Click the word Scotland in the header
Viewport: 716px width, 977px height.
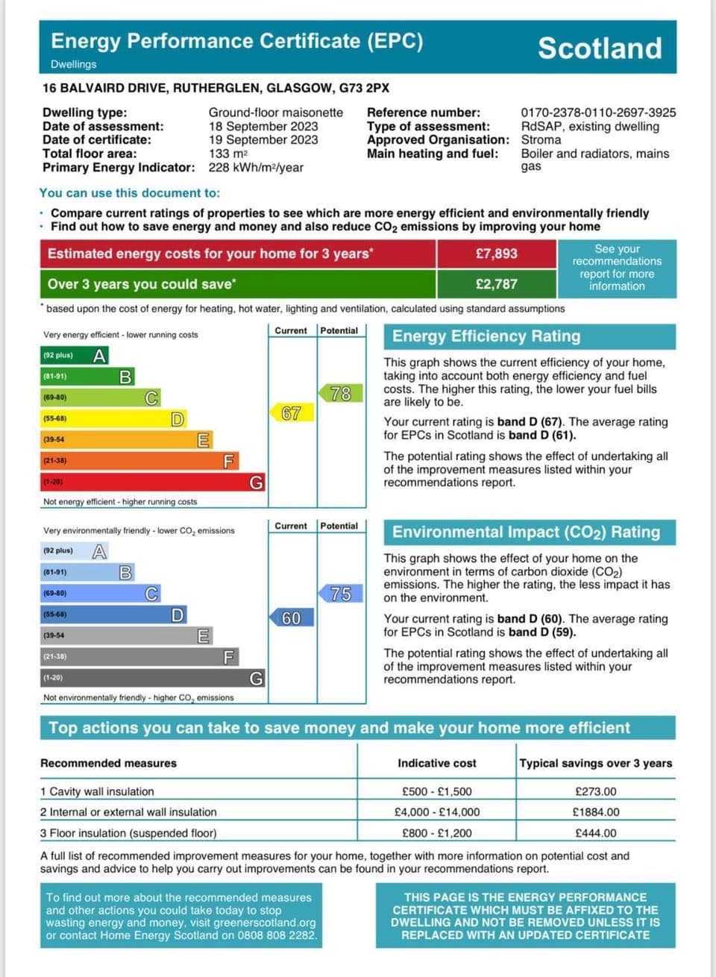click(600, 48)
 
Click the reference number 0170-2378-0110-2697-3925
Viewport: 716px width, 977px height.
click(598, 113)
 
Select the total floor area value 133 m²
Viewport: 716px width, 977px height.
click(228, 154)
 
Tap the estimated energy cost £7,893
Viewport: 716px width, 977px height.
click(496, 254)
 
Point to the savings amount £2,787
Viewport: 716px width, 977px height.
click(496, 284)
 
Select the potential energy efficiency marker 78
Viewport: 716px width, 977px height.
click(340, 393)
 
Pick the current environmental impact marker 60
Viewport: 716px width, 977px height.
click(291, 618)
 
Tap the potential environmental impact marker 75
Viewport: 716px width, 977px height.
click(340, 594)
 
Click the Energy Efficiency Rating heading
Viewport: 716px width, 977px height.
click(486, 336)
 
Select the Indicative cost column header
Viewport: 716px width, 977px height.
click(436, 763)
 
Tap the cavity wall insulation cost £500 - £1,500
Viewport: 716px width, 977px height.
click(436, 791)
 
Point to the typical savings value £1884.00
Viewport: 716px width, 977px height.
click(595, 812)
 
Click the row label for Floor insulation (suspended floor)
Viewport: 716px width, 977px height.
click(128, 833)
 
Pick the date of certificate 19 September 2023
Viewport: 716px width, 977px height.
click(263, 140)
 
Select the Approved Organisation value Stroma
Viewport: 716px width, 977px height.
click(541, 140)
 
